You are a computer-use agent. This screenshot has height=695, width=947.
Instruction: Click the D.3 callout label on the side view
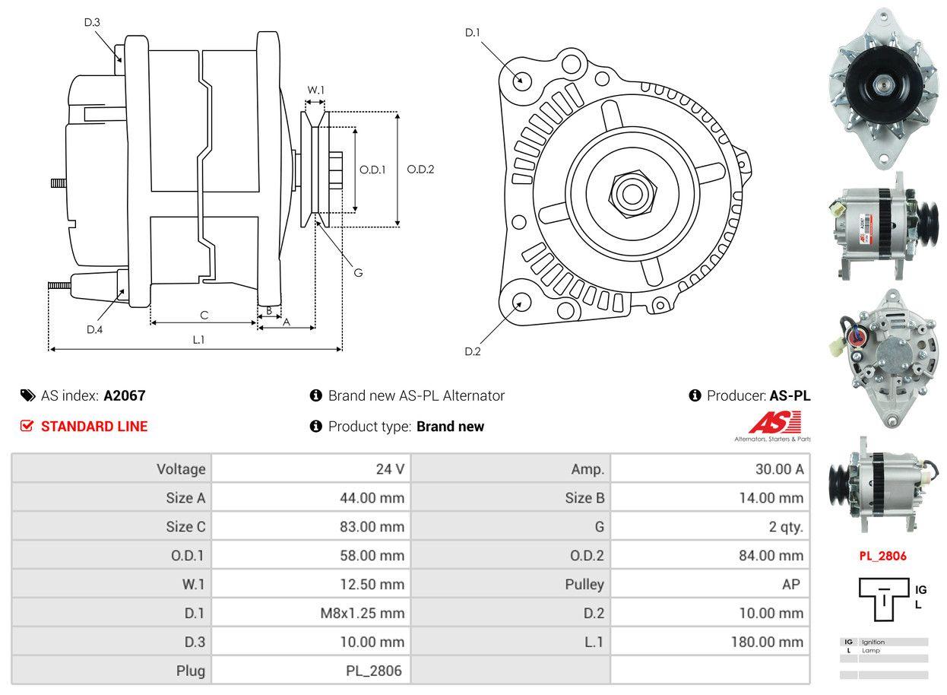[x=92, y=22]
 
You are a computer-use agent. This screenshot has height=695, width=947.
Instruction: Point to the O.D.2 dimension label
[x=420, y=170]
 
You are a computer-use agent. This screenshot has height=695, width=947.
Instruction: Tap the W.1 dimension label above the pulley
[x=315, y=90]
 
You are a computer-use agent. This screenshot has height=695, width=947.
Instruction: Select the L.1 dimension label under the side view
[x=198, y=340]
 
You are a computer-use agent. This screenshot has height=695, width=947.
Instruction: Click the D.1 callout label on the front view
[x=473, y=32]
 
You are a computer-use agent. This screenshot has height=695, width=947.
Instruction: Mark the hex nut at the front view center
[x=630, y=192]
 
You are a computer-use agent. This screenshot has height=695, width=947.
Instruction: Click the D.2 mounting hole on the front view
[x=521, y=302]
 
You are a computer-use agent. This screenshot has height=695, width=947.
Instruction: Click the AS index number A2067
[x=125, y=395]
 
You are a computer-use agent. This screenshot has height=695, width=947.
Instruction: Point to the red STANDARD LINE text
[x=94, y=427]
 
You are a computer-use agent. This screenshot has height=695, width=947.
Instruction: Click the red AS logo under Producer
[x=774, y=422]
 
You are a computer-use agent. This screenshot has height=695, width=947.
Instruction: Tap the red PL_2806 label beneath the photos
[x=882, y=556]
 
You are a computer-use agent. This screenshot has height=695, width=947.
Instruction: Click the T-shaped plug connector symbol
[x=885, y=598]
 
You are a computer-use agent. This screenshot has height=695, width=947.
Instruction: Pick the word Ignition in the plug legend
[x=873, y=642]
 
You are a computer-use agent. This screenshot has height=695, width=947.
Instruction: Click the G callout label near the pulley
[x=358, y=272]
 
